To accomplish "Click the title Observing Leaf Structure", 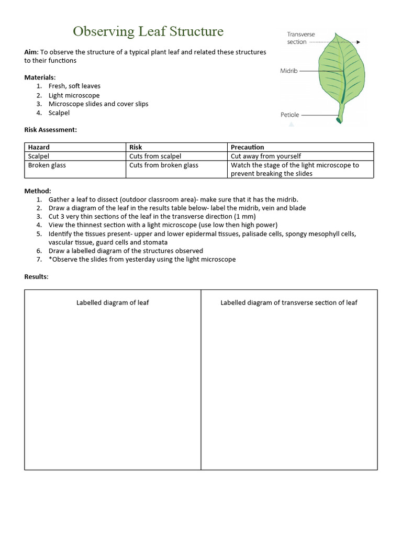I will click(148, 32).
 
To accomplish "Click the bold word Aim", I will click(31, 52).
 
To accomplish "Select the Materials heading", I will click(40, 77).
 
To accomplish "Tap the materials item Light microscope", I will click(74, 95).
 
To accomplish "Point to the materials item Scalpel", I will click(59, 113).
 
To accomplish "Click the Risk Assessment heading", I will click(51, 130).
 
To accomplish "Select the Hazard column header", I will click(39, 147).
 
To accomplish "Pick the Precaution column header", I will click(247, 147).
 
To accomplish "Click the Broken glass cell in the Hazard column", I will click(47, 165).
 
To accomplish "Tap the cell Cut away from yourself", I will click(266, 156).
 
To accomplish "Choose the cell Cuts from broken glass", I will click(164, 165).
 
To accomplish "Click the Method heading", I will click(38, 191).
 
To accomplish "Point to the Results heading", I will click(36, 276).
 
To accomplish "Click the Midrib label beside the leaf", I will click(289, 71).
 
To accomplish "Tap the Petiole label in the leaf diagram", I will click(290, 115).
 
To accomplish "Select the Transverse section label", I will click(301, 38).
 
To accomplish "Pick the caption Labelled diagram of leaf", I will click(113, 303).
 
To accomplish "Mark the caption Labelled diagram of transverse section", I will click(289, 303).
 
